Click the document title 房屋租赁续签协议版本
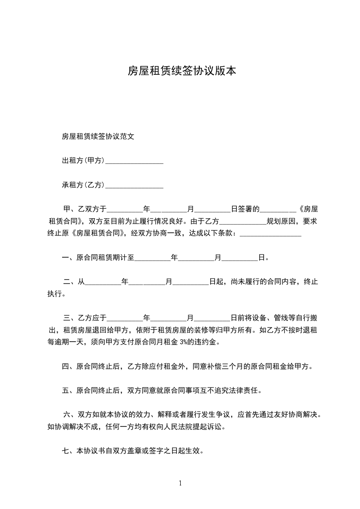coord(182,71)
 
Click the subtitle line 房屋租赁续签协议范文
coord(98,136)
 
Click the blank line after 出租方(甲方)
coord(134,161)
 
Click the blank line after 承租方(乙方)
coord(134,186)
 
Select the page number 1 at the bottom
coord(180,483)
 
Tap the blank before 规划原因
coord(243,222)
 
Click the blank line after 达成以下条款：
coord(270,234)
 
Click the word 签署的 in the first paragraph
coord(249,210)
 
